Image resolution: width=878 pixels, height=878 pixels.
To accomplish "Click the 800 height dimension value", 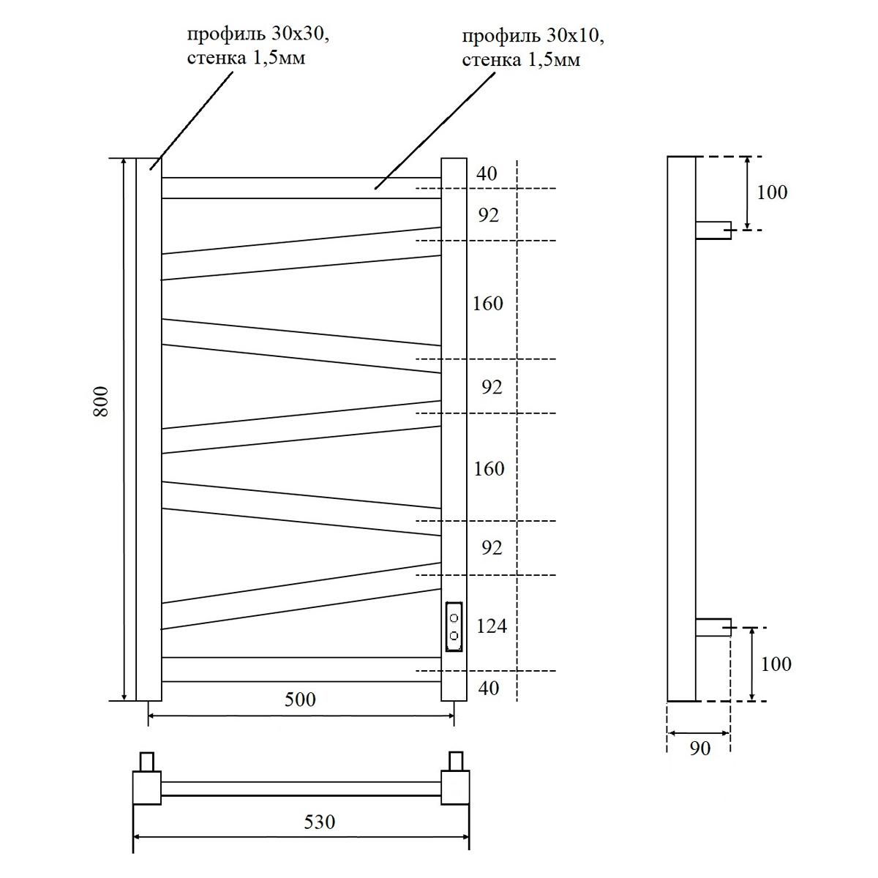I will pos(102,401).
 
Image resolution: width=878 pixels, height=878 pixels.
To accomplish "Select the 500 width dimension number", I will pos(300,699).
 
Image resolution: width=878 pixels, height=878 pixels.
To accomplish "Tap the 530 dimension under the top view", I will pos(319,822).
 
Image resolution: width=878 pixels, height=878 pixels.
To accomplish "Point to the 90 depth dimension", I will pos(699,748).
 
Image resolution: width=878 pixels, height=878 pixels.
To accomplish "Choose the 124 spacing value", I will pos(491,626).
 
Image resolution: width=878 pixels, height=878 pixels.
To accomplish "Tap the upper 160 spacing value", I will pos(487,303).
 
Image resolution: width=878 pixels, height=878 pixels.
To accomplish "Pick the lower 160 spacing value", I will pos(489,468).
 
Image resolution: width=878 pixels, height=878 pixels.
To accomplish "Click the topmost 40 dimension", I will pos(487,173).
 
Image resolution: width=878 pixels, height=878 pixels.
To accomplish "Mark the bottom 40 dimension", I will pos(488,688).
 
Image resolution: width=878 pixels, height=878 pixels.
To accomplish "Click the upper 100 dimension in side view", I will pos(772,192).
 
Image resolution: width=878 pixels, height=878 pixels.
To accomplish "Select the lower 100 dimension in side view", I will pos(776,664).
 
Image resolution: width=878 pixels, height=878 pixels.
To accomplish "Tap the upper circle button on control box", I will pos(454,618).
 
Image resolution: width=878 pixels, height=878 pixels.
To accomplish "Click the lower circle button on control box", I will pos(454,635).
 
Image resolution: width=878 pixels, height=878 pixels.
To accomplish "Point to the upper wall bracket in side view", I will pos(713,230).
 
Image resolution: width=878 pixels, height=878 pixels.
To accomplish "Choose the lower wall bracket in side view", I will pos(713,627).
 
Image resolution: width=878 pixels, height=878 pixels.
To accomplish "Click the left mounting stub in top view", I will pos(148,761).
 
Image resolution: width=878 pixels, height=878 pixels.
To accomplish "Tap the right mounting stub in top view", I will pos(457,761).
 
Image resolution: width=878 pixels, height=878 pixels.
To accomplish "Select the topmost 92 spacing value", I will pos(488,215).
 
